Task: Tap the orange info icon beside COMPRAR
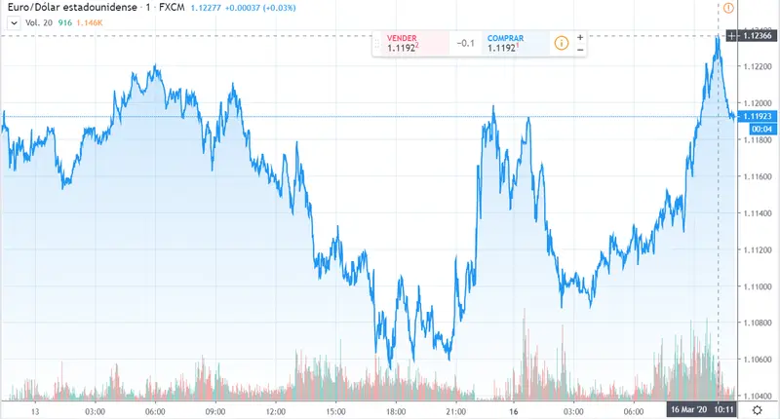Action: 561,43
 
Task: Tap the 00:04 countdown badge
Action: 761,129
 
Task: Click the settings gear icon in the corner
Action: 757,411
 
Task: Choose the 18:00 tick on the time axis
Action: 396,411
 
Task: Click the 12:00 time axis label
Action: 276,411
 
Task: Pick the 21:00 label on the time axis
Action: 456,411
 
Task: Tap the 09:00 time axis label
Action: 215,411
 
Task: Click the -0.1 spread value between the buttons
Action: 466,43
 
